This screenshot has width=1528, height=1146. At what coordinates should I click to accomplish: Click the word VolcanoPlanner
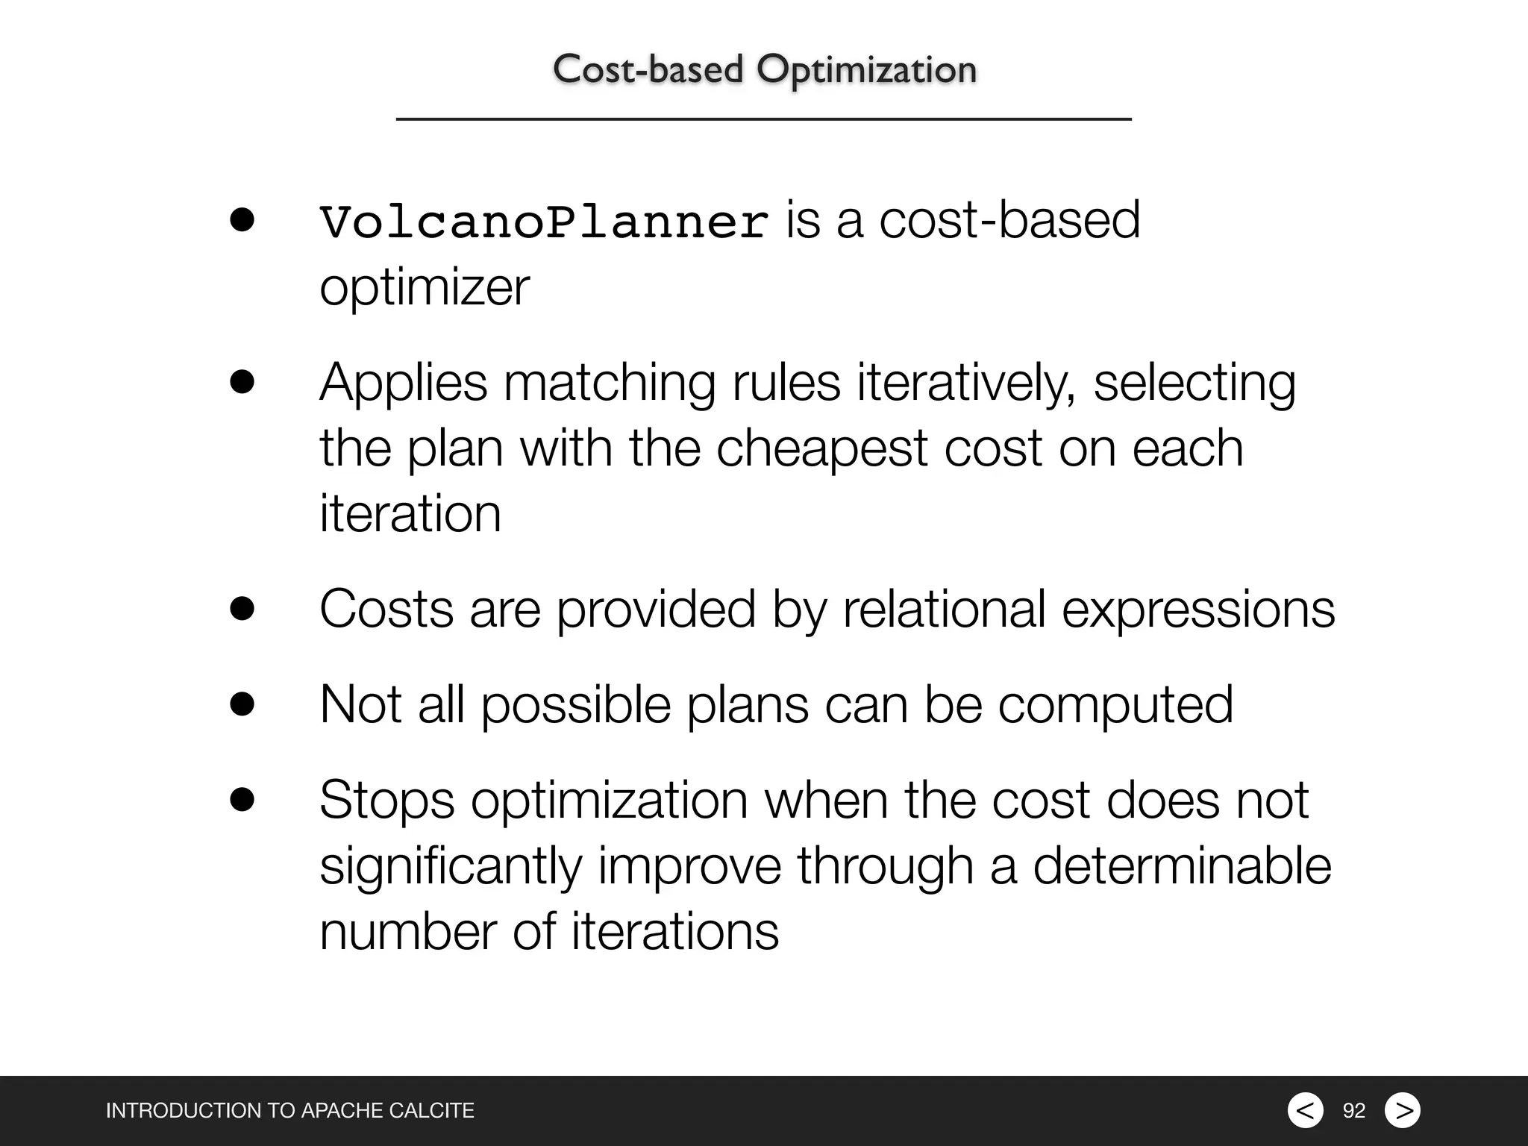544,222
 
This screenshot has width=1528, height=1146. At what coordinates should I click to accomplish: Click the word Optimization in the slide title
865,70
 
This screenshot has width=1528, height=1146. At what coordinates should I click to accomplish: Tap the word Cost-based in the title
648,70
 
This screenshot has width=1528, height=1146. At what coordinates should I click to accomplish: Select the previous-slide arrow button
1305,1110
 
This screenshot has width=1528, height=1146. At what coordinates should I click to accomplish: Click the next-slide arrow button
1403,1110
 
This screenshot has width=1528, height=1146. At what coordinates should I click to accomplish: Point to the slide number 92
1353,1111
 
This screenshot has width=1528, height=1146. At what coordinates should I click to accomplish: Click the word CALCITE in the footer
432,1111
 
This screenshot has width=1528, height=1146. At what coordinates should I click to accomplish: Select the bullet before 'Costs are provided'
242,609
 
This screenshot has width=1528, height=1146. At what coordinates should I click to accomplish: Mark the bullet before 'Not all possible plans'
242,704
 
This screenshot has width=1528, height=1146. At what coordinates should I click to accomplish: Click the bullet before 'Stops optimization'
242,799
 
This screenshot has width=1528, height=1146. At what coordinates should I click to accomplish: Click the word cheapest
821,449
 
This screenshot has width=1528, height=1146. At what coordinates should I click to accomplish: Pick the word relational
944,609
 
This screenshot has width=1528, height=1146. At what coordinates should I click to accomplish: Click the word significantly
451,867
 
